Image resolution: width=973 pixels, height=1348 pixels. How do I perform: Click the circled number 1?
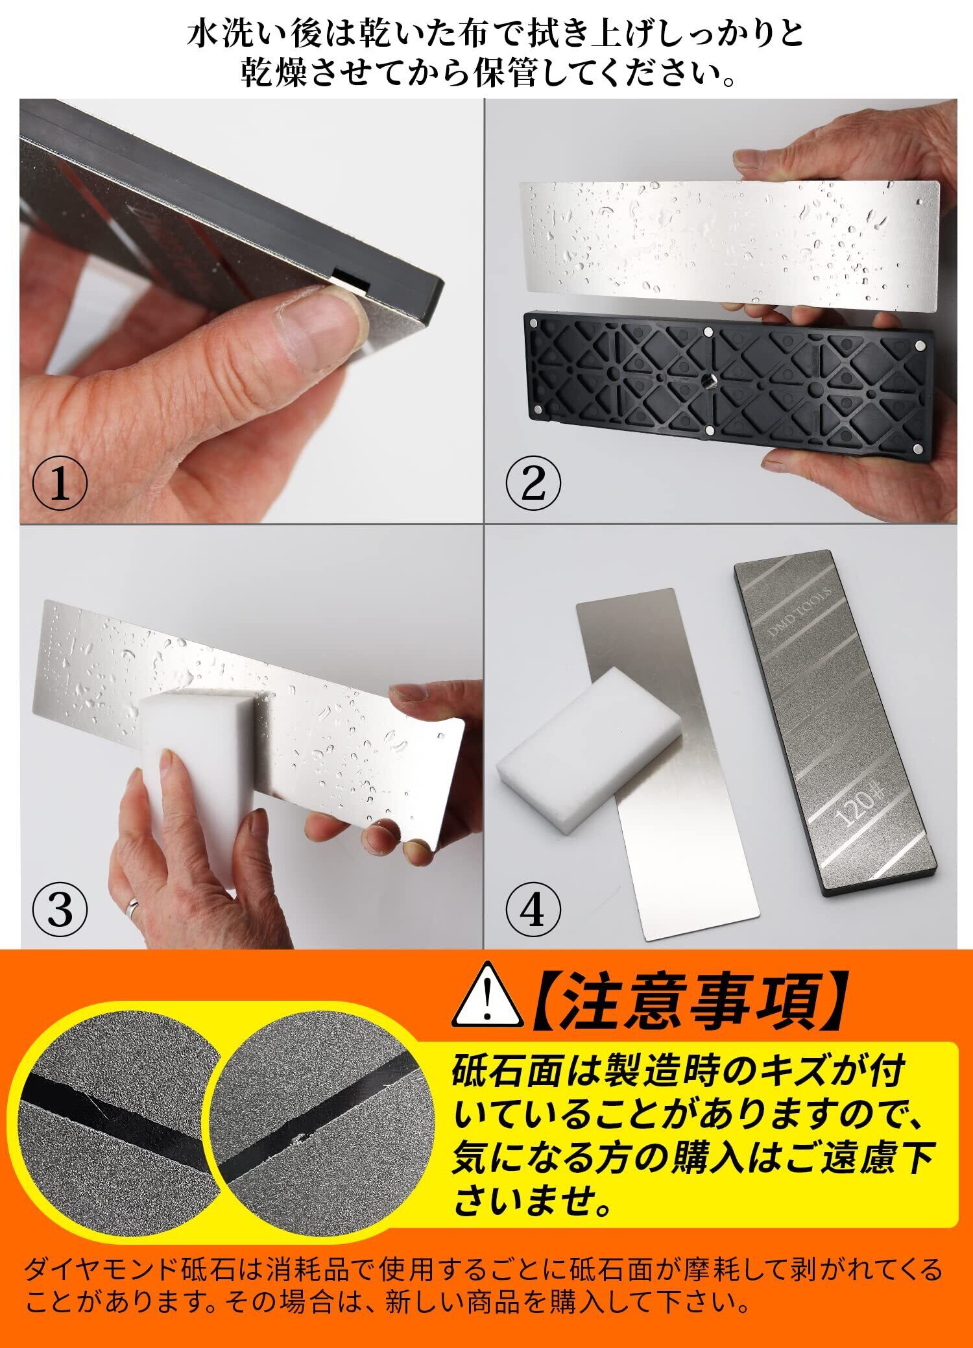tap(60, 484)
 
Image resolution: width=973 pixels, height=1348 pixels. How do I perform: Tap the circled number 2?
tap(533, 484)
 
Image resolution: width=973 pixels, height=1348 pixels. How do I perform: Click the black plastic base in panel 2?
tap(728, 386)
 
